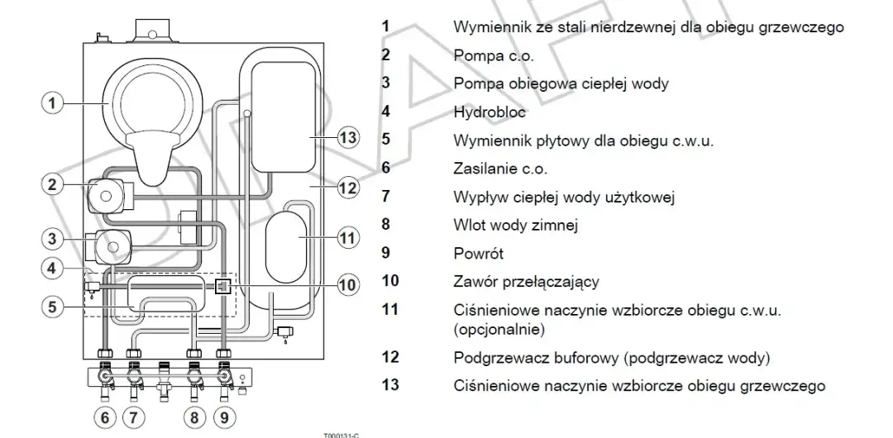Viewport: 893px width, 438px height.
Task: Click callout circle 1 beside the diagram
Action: pos(52,103)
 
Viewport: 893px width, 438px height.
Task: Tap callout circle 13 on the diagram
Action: pos(349,138)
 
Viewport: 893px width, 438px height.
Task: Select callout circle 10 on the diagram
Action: pos(349,286)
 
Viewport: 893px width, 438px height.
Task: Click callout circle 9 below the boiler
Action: pos(224,417)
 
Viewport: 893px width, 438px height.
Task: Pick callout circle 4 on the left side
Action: pos(52,269)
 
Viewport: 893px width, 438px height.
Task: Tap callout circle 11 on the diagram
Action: pos(349,237)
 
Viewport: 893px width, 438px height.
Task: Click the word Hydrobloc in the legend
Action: pos(489,112)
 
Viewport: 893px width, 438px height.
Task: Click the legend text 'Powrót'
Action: pos(478,254)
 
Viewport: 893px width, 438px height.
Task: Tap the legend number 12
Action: pos(389,357)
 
